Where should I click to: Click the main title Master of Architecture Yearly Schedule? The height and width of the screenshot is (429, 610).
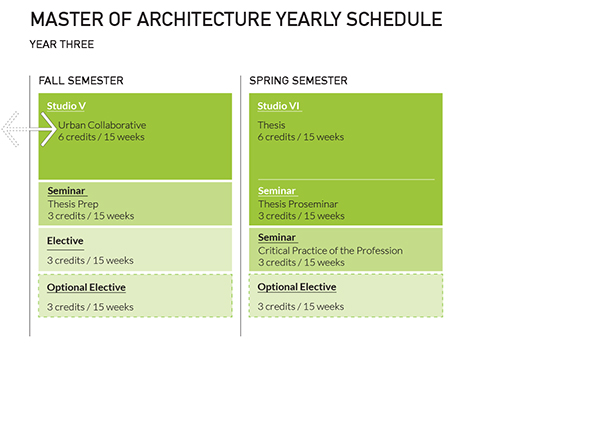236,20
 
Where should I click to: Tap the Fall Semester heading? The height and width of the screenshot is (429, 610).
81,80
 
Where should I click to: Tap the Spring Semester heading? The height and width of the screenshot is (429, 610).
298,80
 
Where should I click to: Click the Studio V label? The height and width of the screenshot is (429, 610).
66,106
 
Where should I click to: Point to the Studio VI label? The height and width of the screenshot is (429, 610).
278,106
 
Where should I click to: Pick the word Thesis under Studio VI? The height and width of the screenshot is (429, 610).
272,125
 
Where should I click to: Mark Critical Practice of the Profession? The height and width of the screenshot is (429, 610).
330,250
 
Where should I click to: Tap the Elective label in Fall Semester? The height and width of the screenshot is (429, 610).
65,241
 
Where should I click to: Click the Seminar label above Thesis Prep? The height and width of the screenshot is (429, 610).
67,191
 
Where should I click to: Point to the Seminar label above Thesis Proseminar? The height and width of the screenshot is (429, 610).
278,191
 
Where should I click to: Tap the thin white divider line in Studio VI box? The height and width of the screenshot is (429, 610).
345,179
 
